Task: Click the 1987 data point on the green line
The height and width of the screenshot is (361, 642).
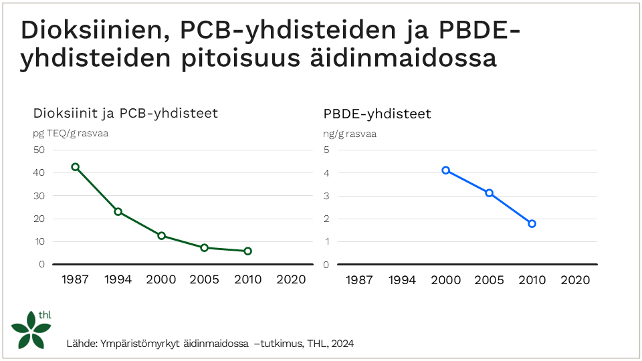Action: tap(76, 167)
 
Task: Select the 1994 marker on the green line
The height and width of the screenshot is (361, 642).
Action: tap(118, 212)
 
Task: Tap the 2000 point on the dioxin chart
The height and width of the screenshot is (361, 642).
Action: tap(161, 236)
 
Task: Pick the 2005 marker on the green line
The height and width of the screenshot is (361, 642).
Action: tap(205, 248)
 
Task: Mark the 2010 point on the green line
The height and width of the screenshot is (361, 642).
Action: tap(247, 251)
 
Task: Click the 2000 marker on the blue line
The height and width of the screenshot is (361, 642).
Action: tap(445, 170)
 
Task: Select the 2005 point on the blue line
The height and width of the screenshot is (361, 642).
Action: tap(489, 193)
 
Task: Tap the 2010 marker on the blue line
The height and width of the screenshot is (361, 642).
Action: tap(532, 224)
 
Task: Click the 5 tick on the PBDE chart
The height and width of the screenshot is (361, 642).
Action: tap(326, 150)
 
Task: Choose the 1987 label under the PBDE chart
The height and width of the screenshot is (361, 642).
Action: tap(359, 280)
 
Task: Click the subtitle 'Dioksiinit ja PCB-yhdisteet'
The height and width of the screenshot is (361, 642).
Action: tap(126, 113)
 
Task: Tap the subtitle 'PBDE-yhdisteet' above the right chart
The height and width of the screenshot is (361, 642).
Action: tap(377, 114)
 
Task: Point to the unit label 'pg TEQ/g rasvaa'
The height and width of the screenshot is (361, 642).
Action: tap(71, 133)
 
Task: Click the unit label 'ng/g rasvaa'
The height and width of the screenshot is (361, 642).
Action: tap(350, 134)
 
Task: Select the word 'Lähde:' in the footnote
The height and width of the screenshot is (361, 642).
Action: tap(82, 344)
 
